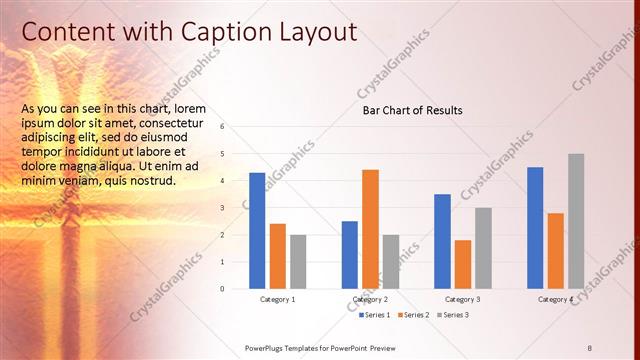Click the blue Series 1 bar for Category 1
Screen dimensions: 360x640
[257, 231]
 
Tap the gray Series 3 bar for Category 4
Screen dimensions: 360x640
[576, 221]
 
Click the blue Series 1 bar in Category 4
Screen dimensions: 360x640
[535, 228]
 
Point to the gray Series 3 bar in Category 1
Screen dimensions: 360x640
[298, 262]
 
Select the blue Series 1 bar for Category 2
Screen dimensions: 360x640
[350, 255]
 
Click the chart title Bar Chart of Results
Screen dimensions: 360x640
[412, 110]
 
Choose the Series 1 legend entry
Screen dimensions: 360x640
[374, 315]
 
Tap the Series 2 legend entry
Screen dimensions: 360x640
[413, 315]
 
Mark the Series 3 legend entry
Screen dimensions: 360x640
[452, 315]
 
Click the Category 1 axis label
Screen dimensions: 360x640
[277, 299]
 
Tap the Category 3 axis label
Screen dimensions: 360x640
[462, 299]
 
